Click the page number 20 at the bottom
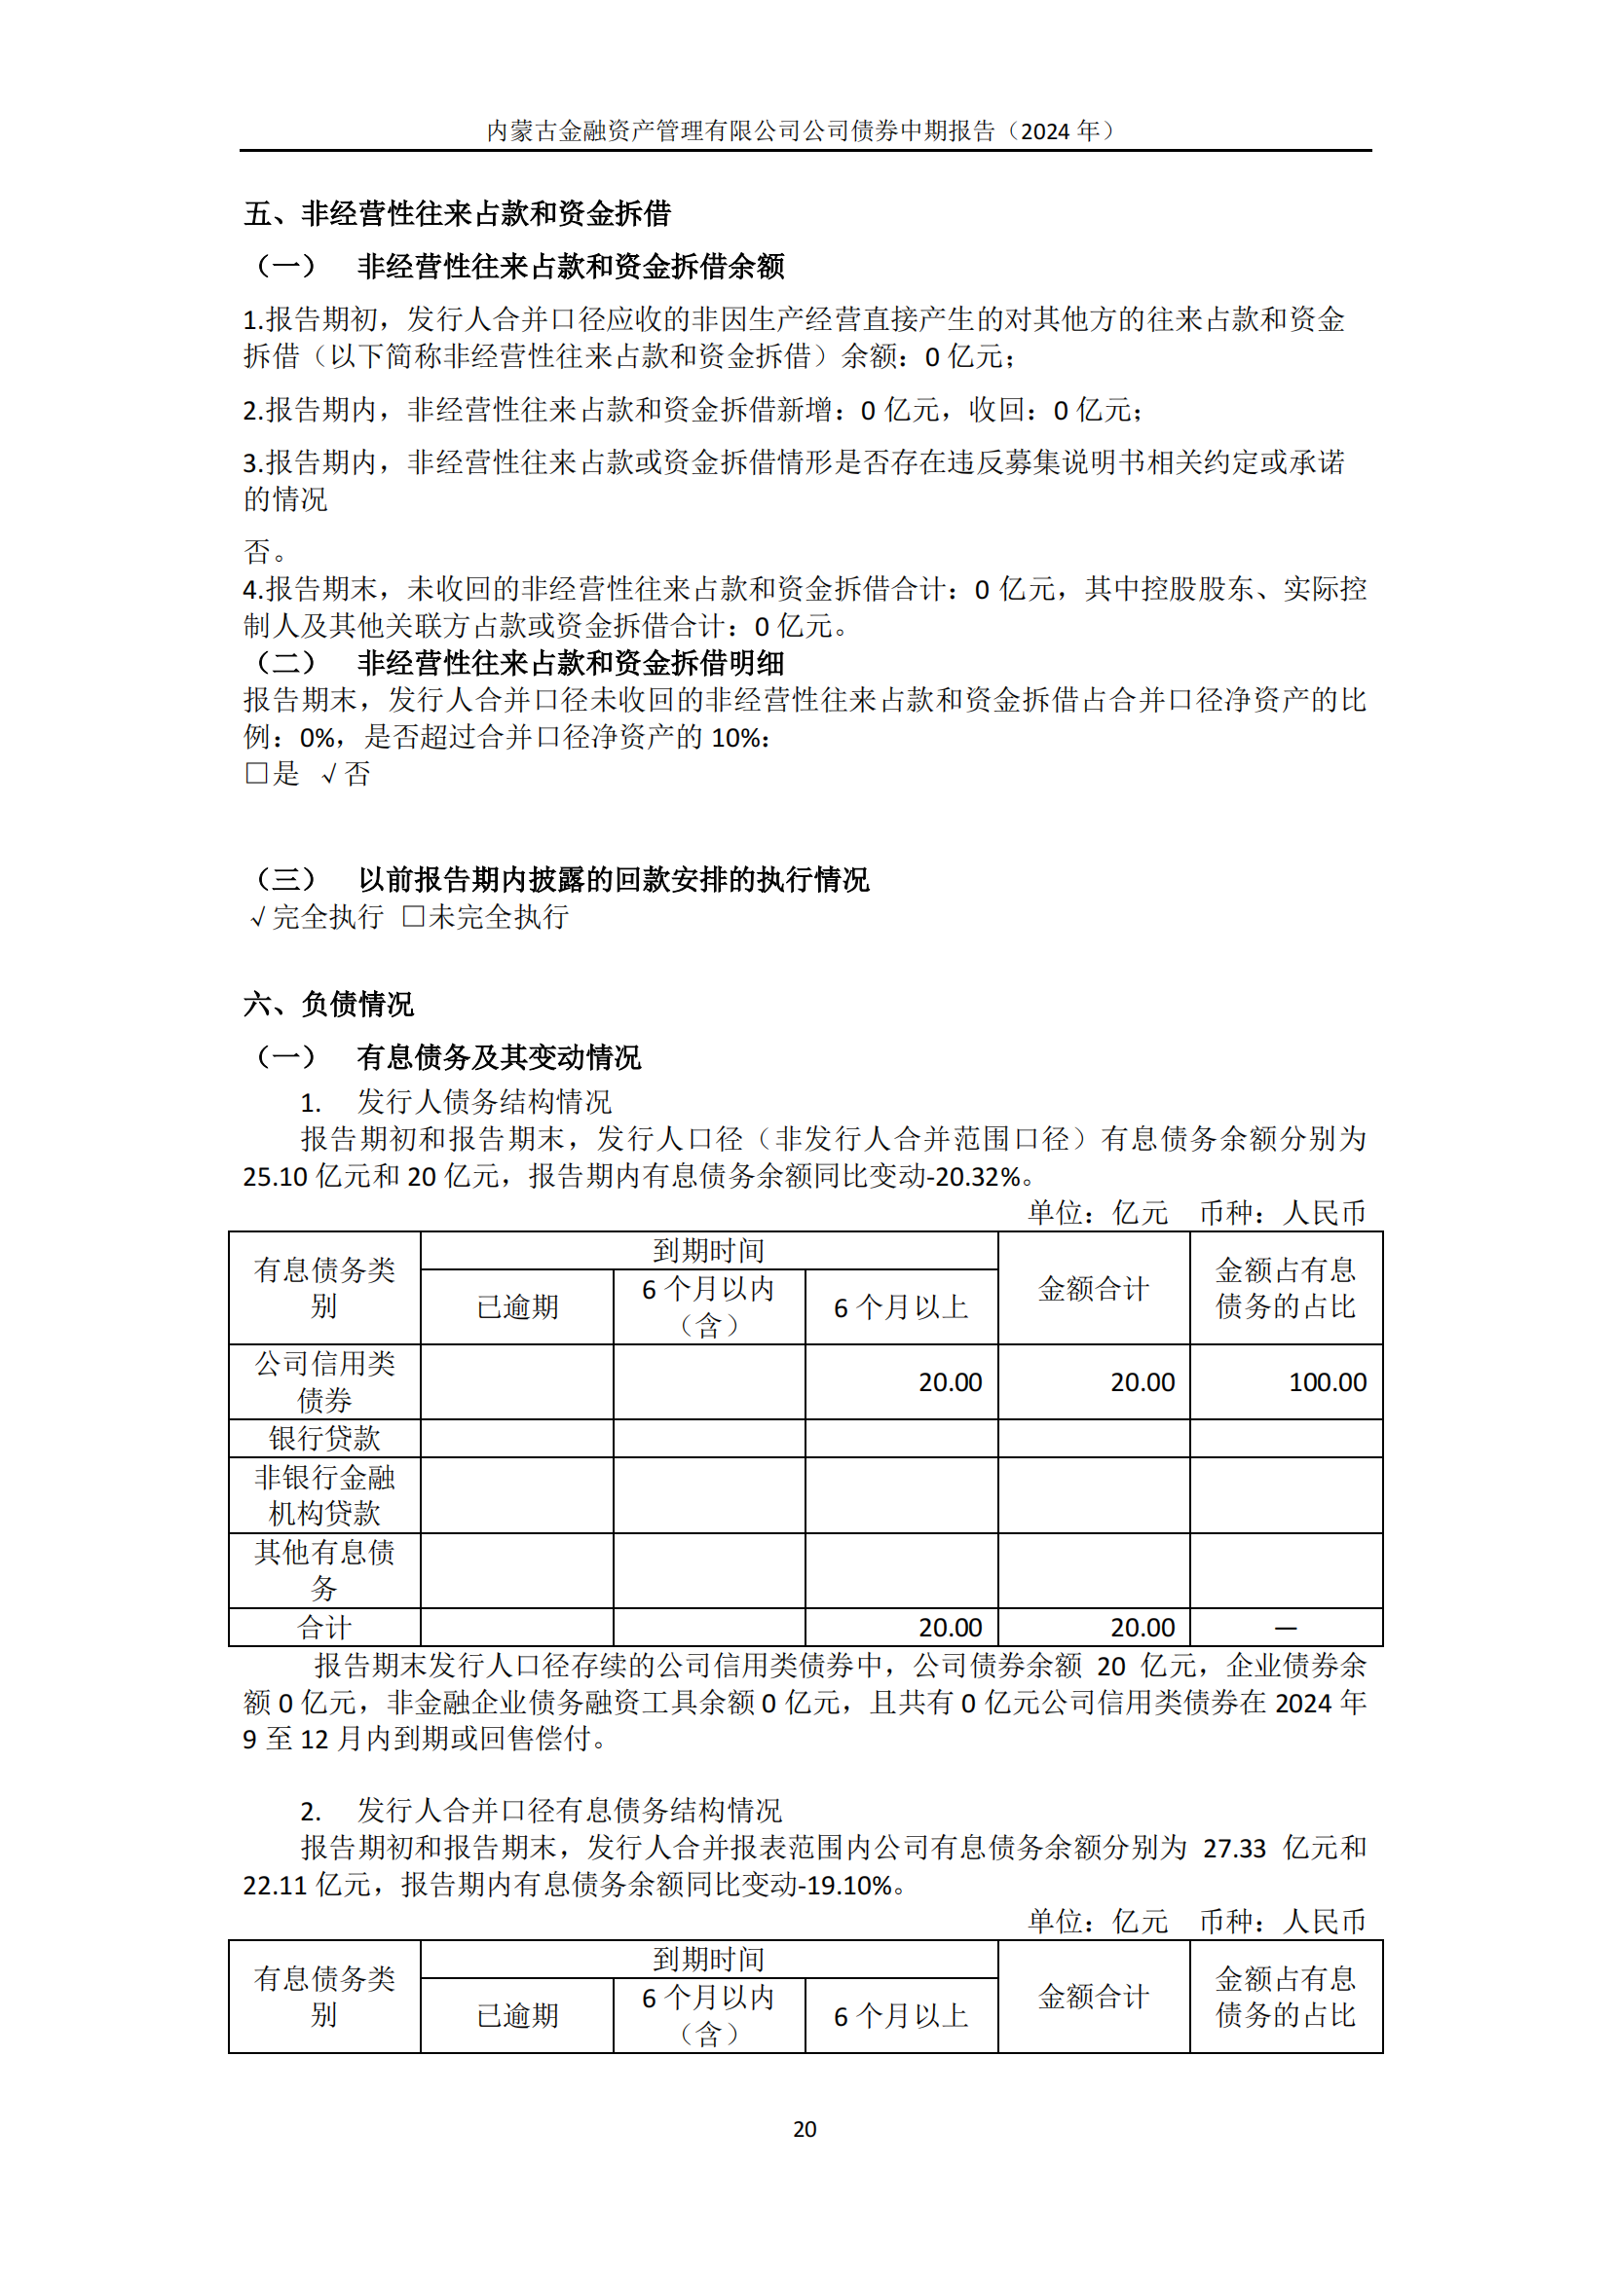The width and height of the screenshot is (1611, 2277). pyautogui.click(x=805, y=2129)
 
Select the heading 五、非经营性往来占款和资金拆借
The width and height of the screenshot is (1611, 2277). pyautogui.click(x=458, y=213)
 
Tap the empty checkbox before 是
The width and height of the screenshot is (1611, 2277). pyautogui.click(x=256, y=774)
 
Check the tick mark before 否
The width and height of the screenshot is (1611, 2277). pyautogui.click(x=330, y=775)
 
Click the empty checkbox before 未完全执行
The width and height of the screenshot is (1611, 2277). pyautogui.click(x=413, y=916)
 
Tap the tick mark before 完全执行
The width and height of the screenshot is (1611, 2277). pyautogui.click(x=258, y=917)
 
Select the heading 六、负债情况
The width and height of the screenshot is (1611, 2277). pyautogui.click(x=328, y=1005)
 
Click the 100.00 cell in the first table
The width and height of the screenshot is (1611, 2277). pyautogui.click(x=1327, y=1381)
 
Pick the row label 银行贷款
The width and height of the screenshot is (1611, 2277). pyautogui.click(x=324, y=1438)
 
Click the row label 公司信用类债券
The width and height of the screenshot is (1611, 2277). pyautogui.click(x=324, y=1381)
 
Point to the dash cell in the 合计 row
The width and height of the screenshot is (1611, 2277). pyautogui.click(x=1286, y=1628)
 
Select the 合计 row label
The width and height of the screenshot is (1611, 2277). pyautogui.click(x=324, y=1628)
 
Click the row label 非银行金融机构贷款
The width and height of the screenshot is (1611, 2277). pyautogui.click(x=324, y=1495)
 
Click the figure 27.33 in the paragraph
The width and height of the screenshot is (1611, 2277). pyautogui.click(x=1234, y=1849)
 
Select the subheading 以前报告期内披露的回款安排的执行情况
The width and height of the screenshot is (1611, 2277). pyautogui.click(x=613, y=880)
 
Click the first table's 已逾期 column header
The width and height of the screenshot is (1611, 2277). pyautogui.click(x=517, y=1307)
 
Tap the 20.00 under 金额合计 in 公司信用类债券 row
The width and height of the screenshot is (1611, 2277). pyautogui.click(x=1142, y=1381)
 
